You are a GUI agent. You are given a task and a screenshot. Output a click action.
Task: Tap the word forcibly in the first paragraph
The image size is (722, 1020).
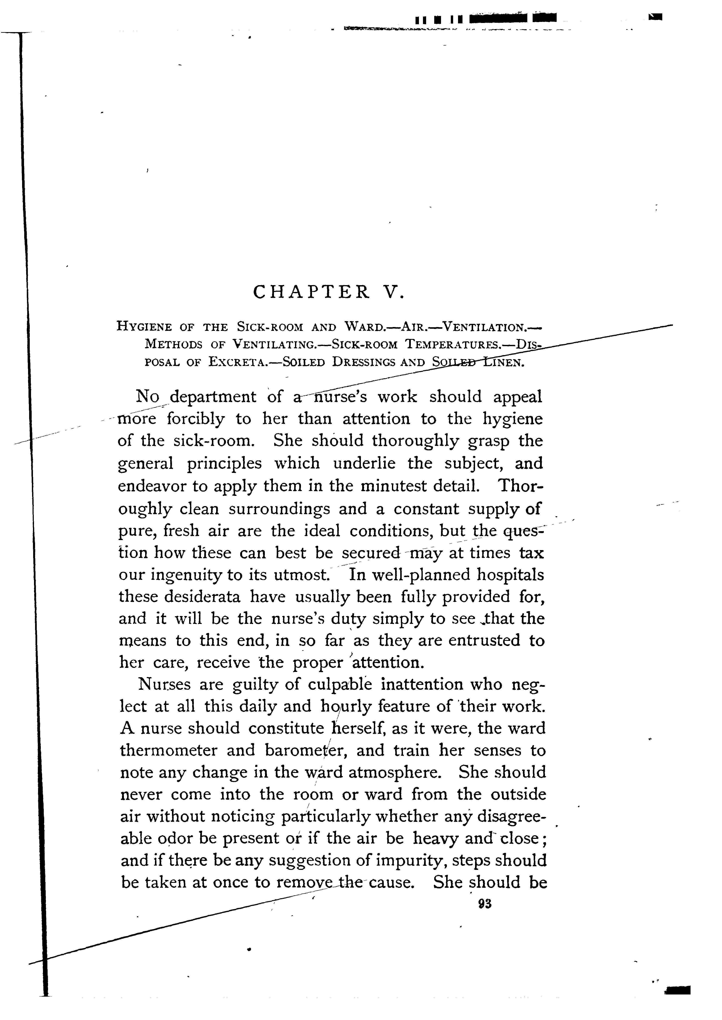(x=196, y=419)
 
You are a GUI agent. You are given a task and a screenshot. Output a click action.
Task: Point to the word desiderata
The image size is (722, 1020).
(x=202, y=597)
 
